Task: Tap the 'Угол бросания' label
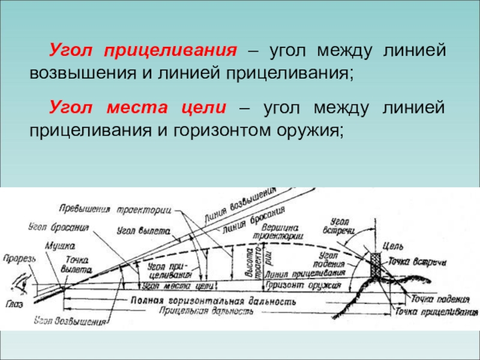click(x=58, y=227)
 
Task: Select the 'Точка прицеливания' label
click(x=435, y=313)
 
